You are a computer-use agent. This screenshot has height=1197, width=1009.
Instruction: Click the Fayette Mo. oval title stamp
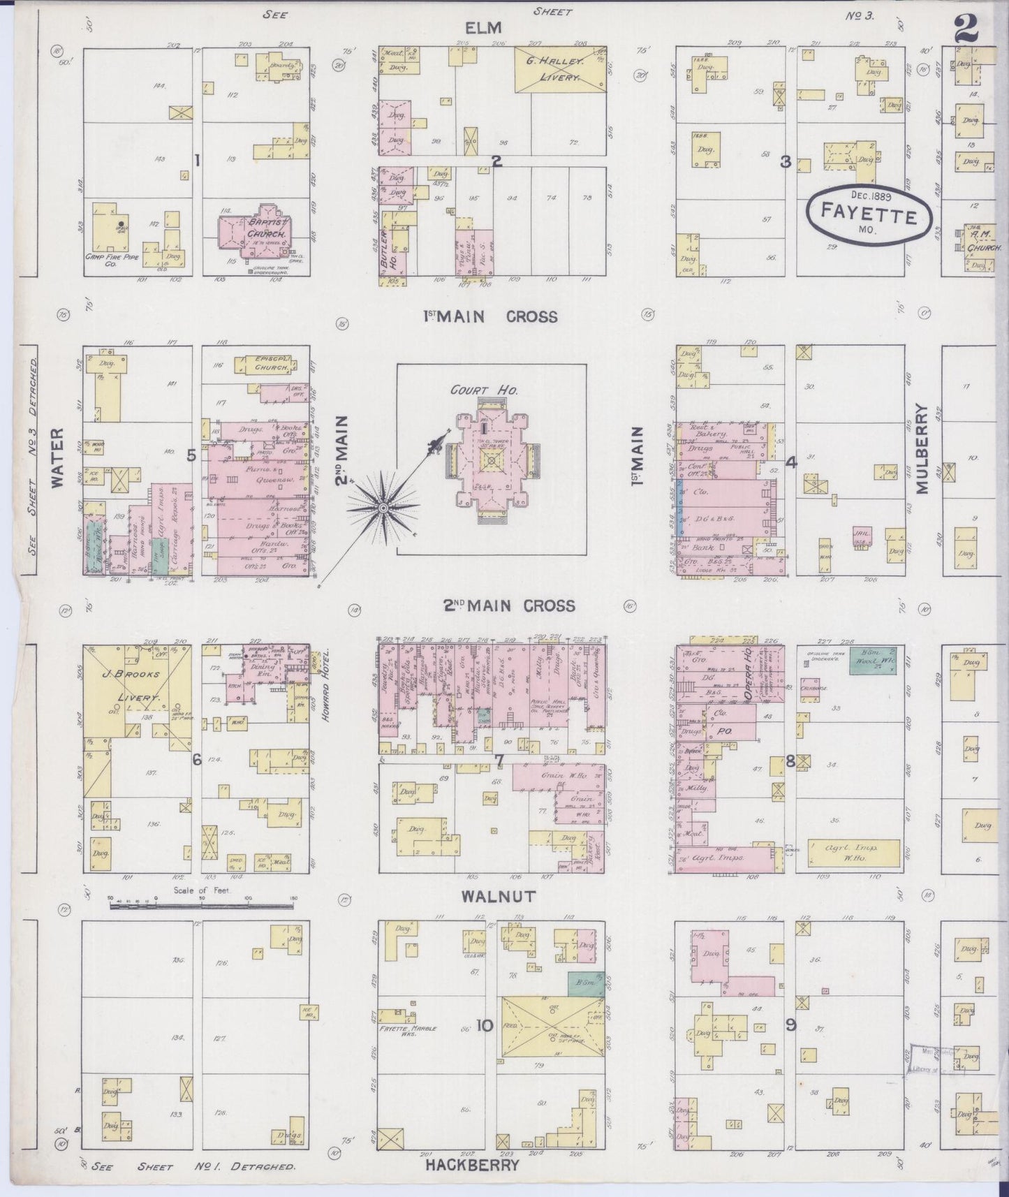click(869, 213)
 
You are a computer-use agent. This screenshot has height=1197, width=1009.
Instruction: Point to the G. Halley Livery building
click(559, 70)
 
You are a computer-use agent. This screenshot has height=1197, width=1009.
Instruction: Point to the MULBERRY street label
click(922, 449)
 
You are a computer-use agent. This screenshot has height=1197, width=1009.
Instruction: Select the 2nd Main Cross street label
click(509, 605)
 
